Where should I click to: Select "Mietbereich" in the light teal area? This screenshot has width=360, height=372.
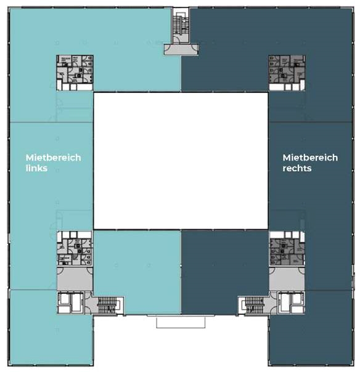(x=53, y=157)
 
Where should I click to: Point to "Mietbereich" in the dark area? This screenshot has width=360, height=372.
(x=310, y=157)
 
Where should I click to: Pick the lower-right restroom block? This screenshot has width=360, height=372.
(x=286, y=249)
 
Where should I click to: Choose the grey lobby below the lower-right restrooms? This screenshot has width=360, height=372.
(x=286, y=278)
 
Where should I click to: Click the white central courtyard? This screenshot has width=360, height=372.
(x=180, y=160)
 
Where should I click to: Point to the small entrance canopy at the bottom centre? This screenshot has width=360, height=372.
(x=181, y=322)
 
